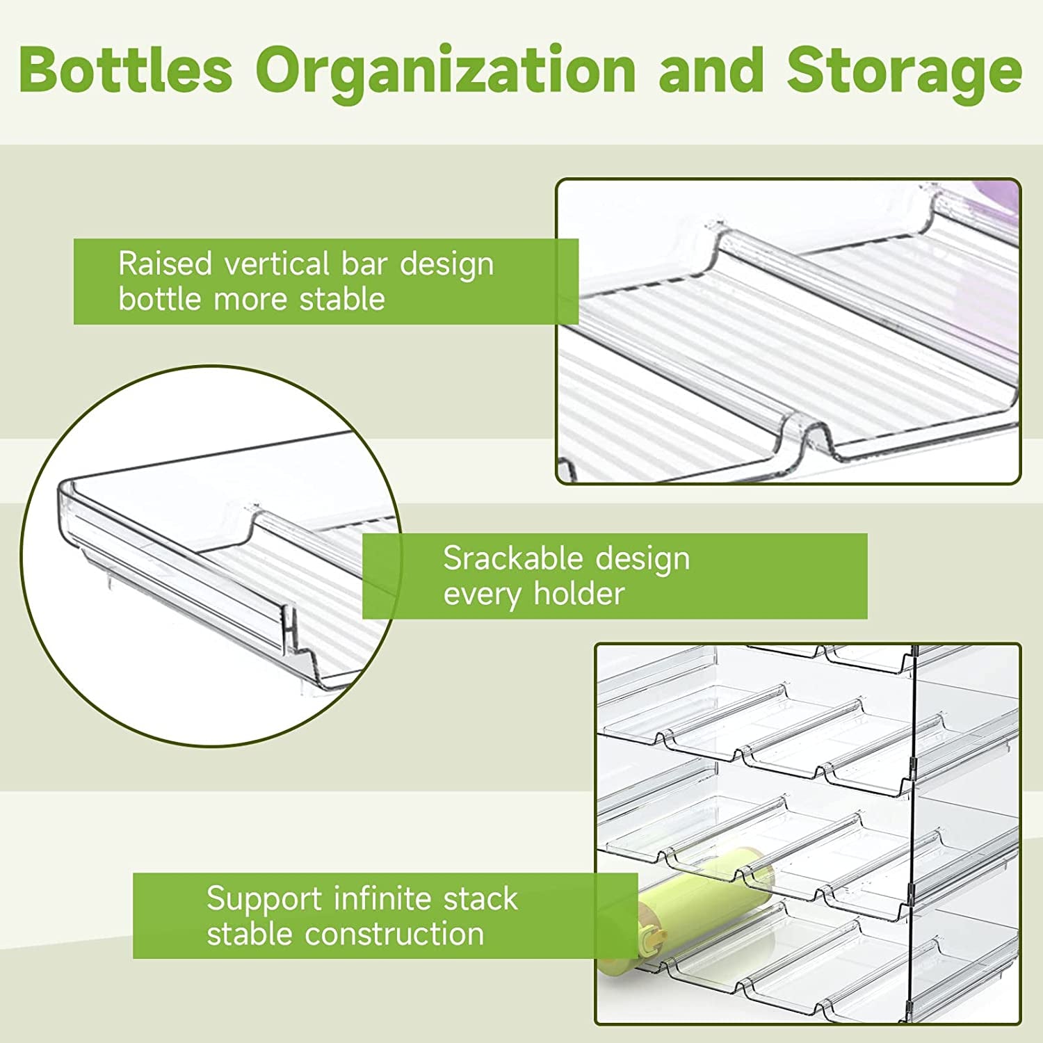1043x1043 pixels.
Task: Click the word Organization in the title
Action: (446, 71)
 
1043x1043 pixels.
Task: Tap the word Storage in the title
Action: (904, 71)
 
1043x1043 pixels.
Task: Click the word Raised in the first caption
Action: (165, 264)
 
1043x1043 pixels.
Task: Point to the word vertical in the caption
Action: (277, 264)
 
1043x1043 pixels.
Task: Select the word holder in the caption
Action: (579, 594)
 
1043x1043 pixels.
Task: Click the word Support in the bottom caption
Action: (264, 900)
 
